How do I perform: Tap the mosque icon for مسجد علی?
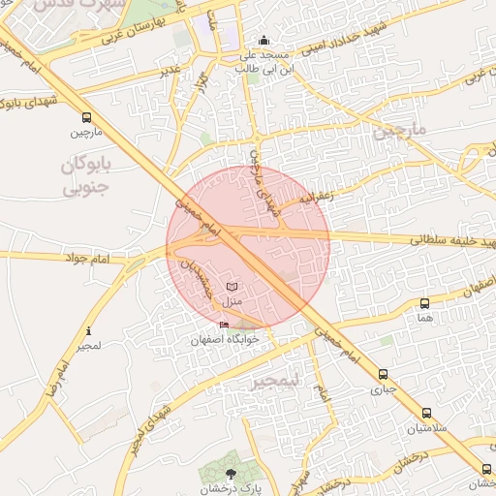click(x=264, y=41)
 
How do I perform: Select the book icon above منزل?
click(x=231, y=287)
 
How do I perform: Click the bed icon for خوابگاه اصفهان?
click(x=225, y=325)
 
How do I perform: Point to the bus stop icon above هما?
click(x=424, y=303)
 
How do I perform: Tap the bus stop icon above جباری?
click(x=384, y=374)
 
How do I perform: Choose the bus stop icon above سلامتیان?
click(x=426, y=414)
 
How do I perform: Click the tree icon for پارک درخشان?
click(x=231, y=473)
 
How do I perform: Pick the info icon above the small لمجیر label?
click(x=89, y=330)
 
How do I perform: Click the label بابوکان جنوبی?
click(x=87, y=175)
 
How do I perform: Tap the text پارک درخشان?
click(x=231, y=488)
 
